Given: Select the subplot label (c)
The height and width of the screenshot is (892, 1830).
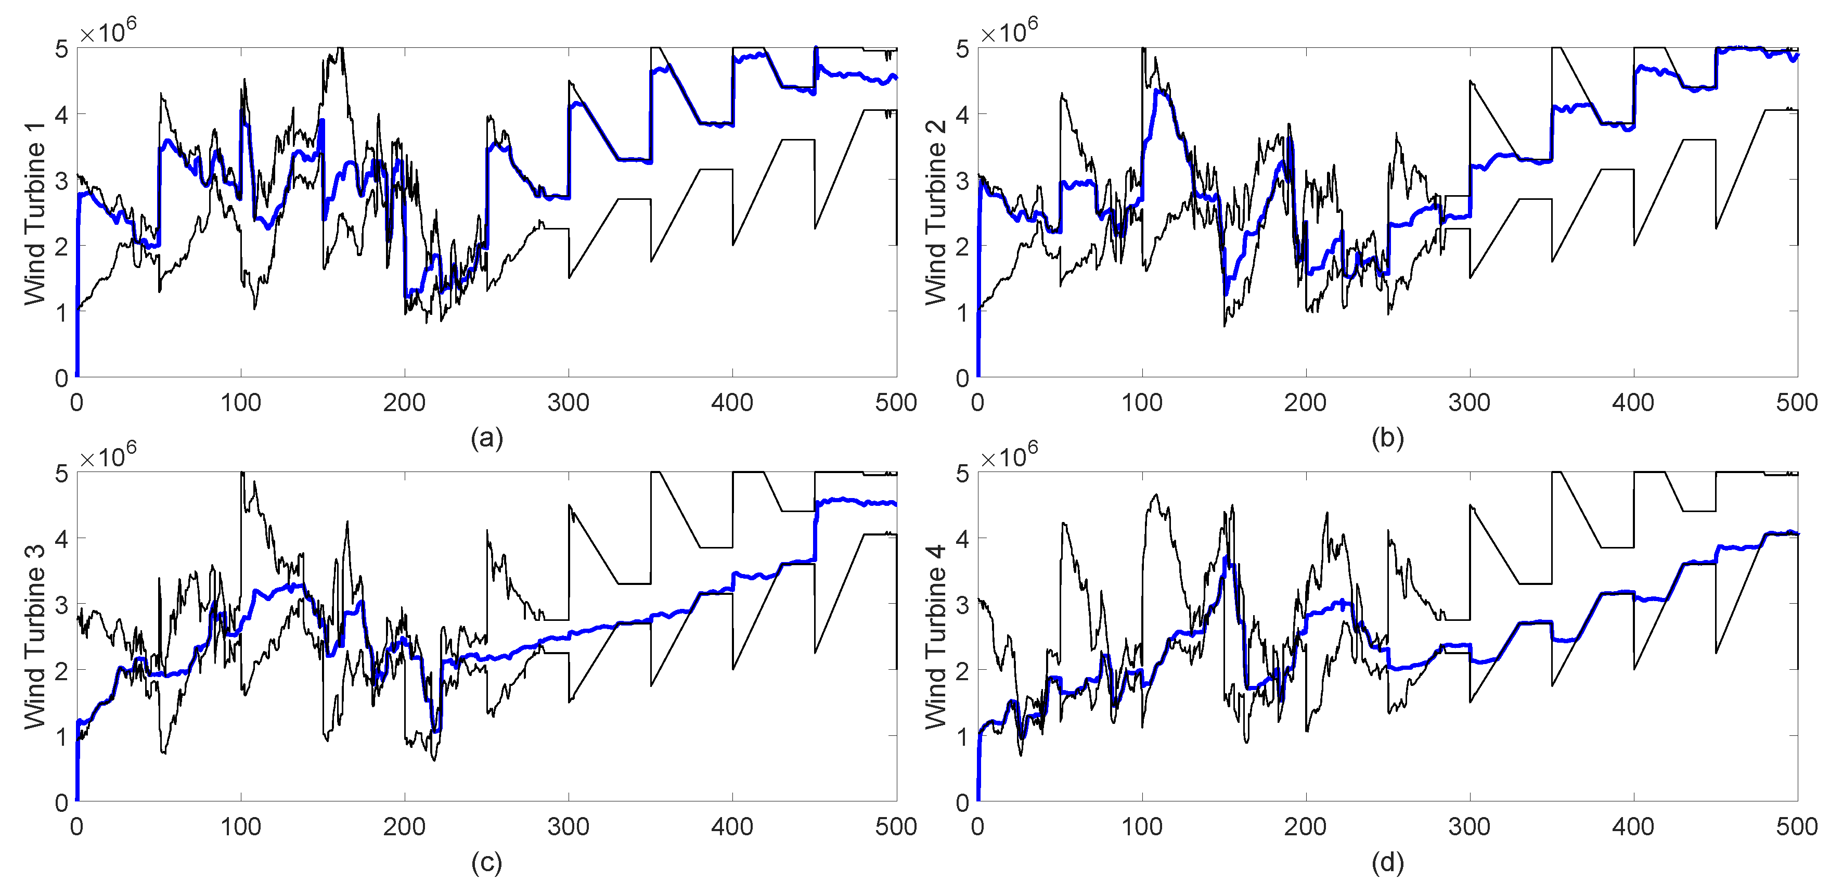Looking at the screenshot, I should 486,863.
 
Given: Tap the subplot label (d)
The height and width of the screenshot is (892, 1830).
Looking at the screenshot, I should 1387,863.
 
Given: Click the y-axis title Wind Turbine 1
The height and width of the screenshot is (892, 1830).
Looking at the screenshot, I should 35,213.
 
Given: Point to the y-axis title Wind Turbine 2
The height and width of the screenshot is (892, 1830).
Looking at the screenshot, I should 936,213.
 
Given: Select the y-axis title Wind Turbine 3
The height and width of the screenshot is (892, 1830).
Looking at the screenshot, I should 35,637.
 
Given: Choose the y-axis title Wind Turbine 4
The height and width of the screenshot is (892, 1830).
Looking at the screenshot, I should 936,637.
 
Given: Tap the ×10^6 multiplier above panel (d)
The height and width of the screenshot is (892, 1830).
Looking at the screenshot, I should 1009,455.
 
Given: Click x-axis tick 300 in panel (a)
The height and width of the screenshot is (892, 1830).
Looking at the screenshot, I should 569,403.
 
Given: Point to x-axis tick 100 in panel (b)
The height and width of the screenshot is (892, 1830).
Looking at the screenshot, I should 1142,403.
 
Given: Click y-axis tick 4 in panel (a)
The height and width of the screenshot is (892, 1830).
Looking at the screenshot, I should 62,114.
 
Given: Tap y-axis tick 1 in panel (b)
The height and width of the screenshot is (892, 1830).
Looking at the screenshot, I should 963,311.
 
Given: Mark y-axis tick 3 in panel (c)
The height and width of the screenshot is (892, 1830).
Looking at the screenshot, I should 62,604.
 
